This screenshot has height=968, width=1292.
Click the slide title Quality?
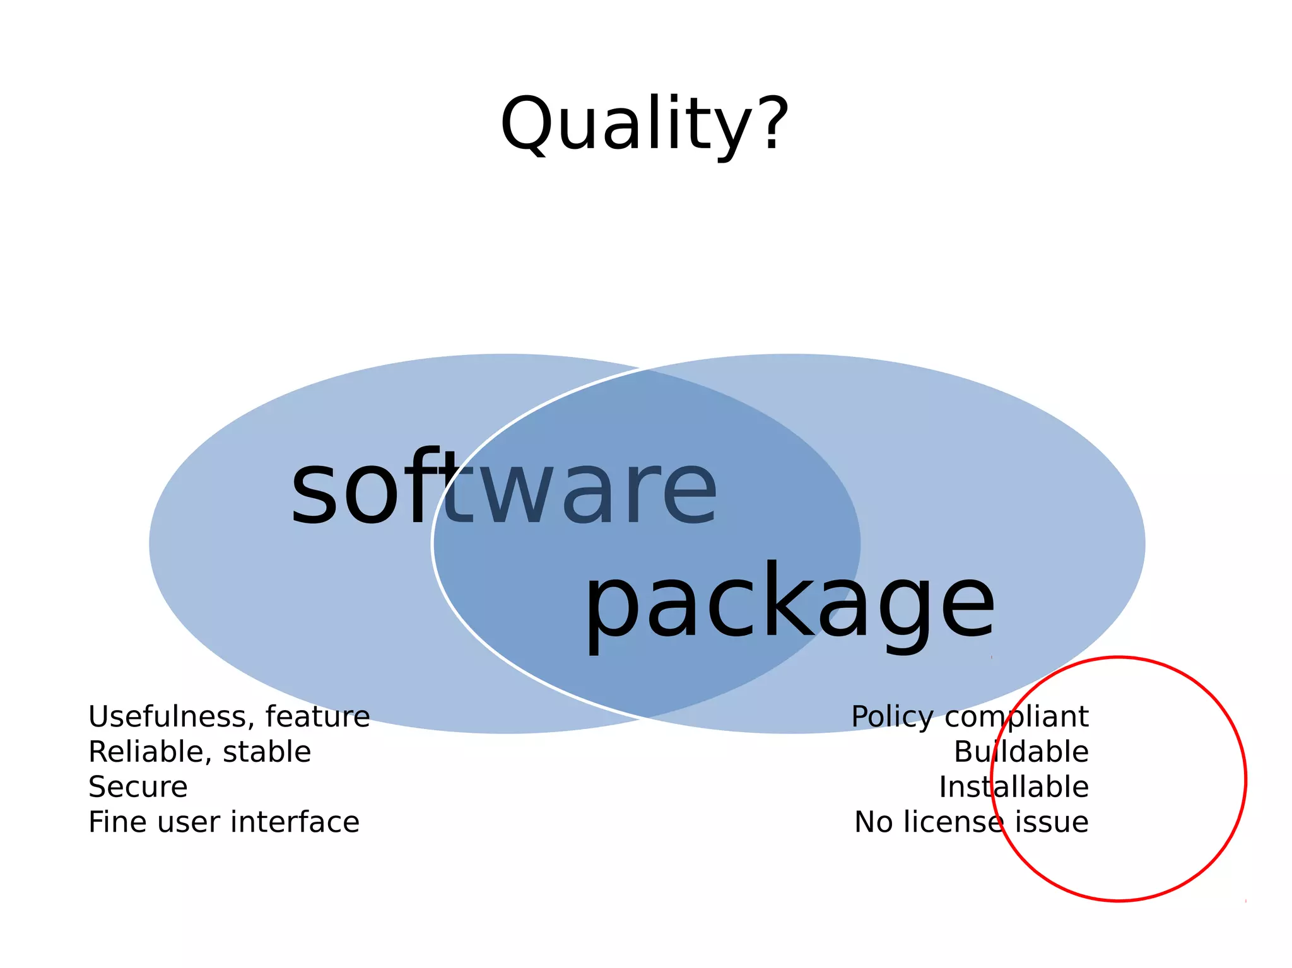(644, 124)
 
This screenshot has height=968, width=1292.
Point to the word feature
(317, 716)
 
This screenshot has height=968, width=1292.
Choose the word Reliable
(149, 752)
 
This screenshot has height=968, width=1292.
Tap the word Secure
(138, 787)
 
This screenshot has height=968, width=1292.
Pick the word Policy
(891, 717)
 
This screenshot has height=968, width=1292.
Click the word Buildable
(1021, 752)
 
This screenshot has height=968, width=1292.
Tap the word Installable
(1014, 787)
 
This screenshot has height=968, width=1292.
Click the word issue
(1052, 822)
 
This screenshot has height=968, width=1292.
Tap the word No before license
(873, 822)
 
